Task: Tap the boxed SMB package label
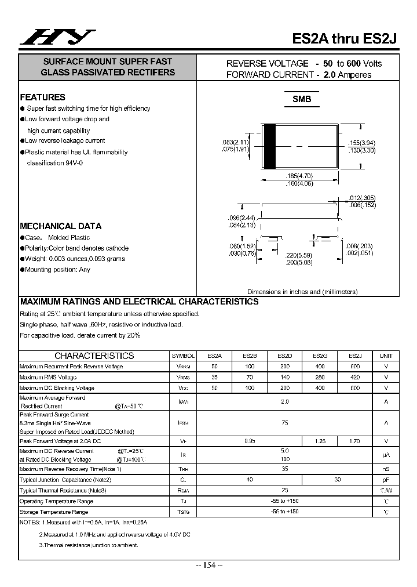click(x=302, y=99)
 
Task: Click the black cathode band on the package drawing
click(x=269, y=147)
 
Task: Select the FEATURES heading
click(x=43, y=97)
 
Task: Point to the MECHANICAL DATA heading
click(x=61, y=226)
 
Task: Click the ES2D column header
click(x=285, y=356)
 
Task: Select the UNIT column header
click(x=386, y=356)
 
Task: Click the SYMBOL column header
click(x=183, y=356)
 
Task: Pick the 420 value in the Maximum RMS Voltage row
click(x=355, y=377)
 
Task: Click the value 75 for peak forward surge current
click(x=285, y=423)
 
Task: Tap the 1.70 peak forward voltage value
click(x=355, y=441)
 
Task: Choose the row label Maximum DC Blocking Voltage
click(x=57, y=388)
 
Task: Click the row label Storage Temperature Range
click(x=54, y=512)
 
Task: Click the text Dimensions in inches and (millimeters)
click(x=302, y=292)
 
